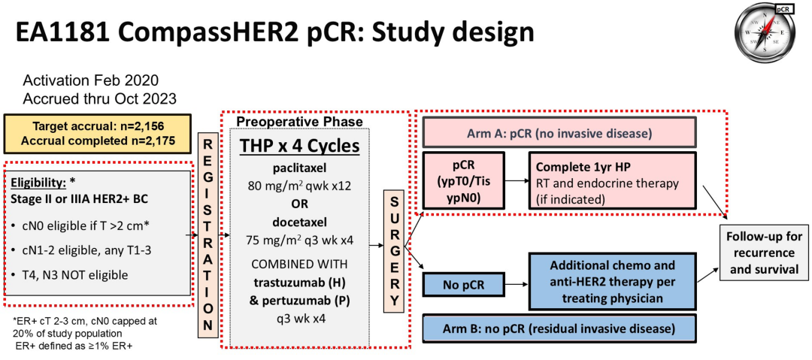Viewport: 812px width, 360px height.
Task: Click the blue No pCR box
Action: (464, 285)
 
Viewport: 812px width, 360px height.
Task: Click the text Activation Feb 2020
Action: (91, 80)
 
